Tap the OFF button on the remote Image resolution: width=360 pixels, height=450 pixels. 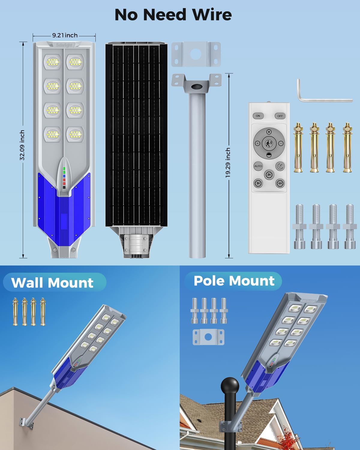(280, 116)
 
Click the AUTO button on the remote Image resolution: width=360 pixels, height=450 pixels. (258, 166)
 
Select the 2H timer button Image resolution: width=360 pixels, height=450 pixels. (269, 174)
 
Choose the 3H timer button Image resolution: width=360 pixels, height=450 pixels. (258, 183)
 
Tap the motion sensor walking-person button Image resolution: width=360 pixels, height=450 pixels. (269, 143)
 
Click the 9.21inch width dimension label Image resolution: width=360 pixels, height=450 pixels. (65, 35)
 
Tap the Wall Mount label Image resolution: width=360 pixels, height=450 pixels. (52, 283)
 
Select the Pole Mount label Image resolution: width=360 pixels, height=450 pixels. (234, 281)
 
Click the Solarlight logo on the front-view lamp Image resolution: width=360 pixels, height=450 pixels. (64, 45)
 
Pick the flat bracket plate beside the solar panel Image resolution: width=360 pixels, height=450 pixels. (196, 54)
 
